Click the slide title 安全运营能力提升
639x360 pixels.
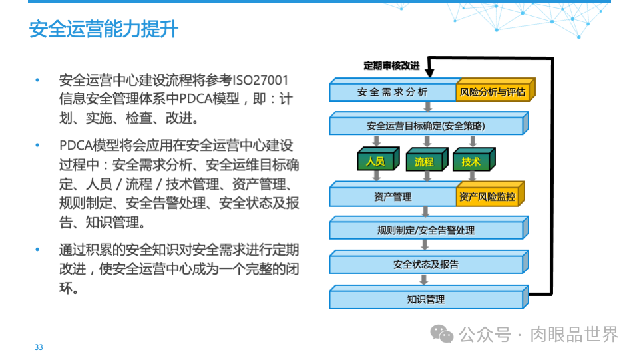pos(103,29)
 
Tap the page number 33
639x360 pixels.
pos(39,347)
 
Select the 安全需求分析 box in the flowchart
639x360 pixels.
pos(393,92)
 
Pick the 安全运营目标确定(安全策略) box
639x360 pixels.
pos(426,126)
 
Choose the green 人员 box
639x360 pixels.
pos(375,162)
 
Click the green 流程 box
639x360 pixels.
pos(424,162)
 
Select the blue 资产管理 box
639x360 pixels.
pos(393,197)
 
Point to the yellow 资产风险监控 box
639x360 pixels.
pos(487,197)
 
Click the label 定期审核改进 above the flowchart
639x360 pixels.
pos(391,65)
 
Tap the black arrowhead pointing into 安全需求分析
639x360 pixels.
pos(429,72)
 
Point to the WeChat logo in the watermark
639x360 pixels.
pos(441,333)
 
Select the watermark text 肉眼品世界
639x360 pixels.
pos(574,334)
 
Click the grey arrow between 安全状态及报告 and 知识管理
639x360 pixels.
pos(423,279)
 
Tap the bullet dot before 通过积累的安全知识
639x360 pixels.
pos(38,251)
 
